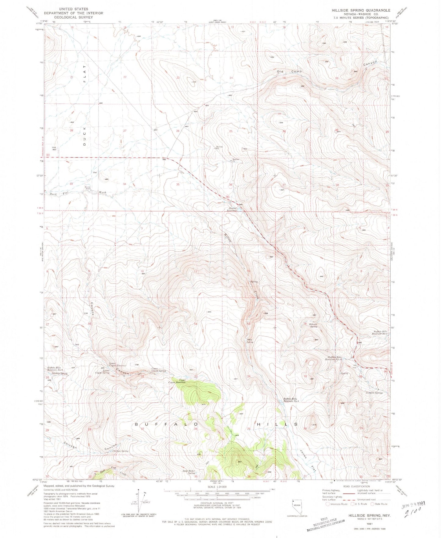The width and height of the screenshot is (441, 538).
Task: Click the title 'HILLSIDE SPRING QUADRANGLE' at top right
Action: (361, 10)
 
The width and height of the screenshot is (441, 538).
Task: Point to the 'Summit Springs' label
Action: (374, 393)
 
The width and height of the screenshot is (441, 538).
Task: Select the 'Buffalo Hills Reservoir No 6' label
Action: (290, 400)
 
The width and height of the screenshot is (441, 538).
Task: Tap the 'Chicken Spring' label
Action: (121, 451)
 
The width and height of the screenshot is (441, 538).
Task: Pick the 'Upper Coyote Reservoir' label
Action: (178, 381)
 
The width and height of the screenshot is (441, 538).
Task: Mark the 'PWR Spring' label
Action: (250, 341)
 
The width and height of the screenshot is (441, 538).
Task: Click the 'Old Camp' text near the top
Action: (289, 72)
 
